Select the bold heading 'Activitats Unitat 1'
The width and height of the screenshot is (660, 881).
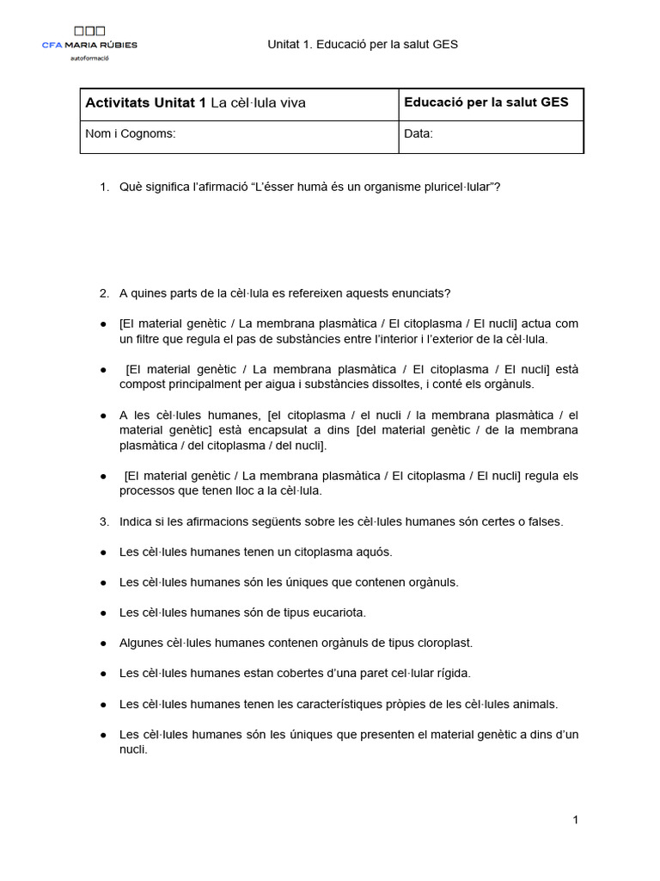[x=145, y=103]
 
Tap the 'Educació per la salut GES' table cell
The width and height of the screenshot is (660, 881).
[x=486, y=102]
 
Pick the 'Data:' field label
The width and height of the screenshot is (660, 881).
[x=419, y=134]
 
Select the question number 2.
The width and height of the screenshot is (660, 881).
[x=103, y=293]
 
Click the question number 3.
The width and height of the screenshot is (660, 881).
[x=103, y=521]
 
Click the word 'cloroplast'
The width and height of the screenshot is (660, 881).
[x=443, y=643]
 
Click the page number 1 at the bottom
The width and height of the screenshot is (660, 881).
[x=575, y=820]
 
